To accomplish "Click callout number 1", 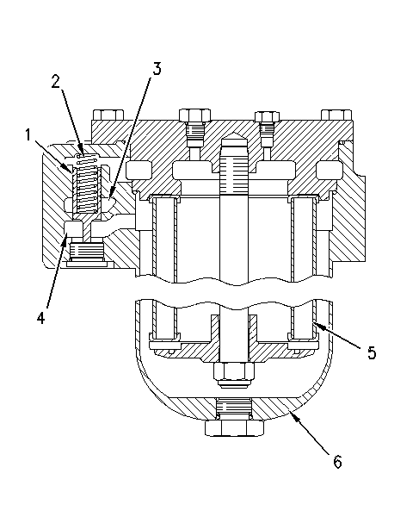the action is pos(28,135).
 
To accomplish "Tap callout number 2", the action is pos(56,81).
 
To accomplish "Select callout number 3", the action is pos(157,68).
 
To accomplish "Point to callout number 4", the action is pos(40,318).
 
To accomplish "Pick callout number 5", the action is pos(372,352).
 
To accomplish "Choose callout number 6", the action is pos(338,462).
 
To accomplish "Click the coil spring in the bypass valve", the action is pos(87,184).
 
